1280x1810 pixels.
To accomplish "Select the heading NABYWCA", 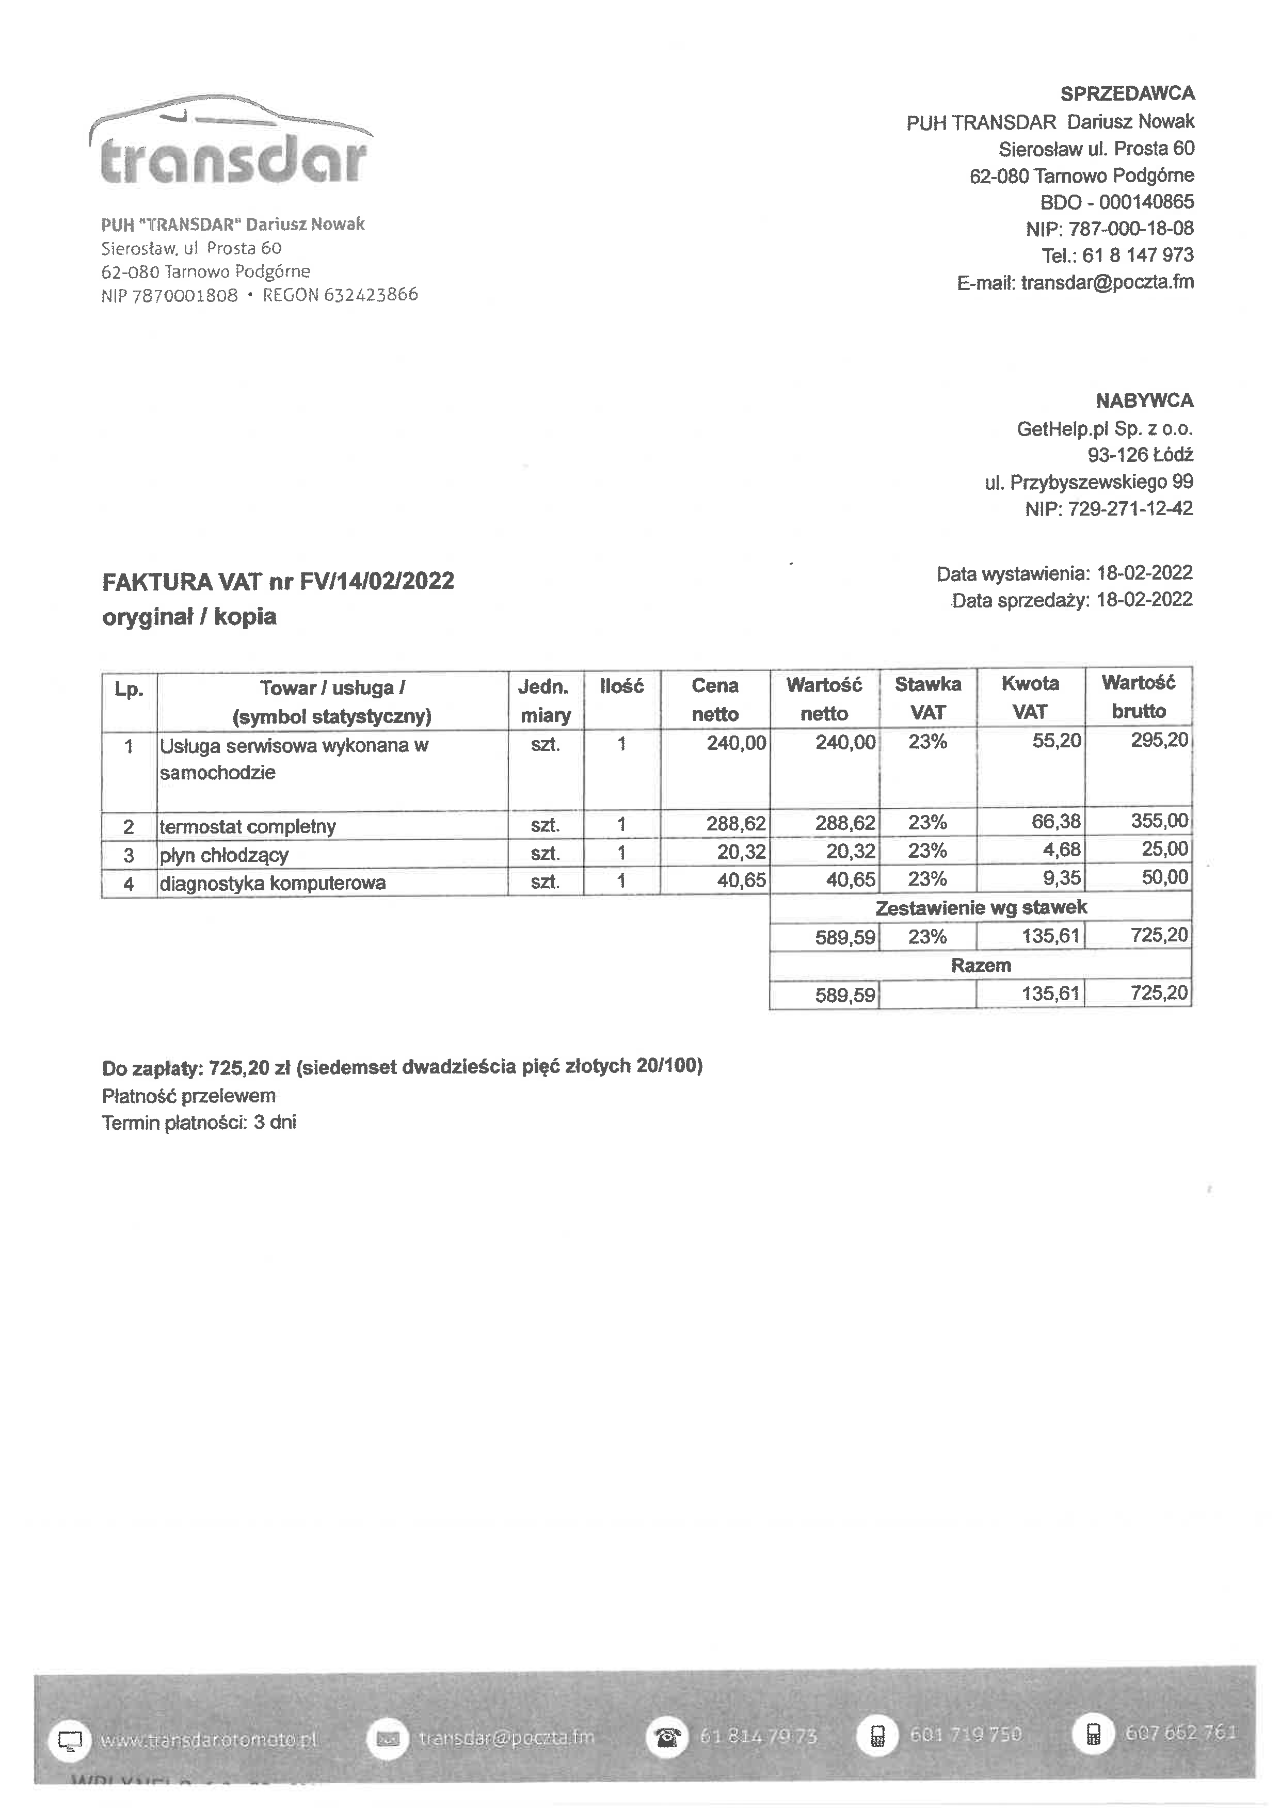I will (x=1144, y=401).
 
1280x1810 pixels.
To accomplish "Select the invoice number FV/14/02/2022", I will (x=377, y=581).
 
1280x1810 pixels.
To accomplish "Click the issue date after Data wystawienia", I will (x=1144, y=573).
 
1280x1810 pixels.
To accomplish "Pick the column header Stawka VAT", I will (x=927, y=698).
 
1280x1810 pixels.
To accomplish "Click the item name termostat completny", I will (x=248, y=826).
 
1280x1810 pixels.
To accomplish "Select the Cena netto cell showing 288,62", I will (x=735, y=824).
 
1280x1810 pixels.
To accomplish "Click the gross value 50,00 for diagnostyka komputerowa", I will (x=1164, y=877).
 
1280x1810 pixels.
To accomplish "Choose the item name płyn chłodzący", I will (x=224, y=855).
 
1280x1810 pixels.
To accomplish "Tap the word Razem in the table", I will (x=981, y=965).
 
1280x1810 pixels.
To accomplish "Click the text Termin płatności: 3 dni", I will (x=199, y=1123).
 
